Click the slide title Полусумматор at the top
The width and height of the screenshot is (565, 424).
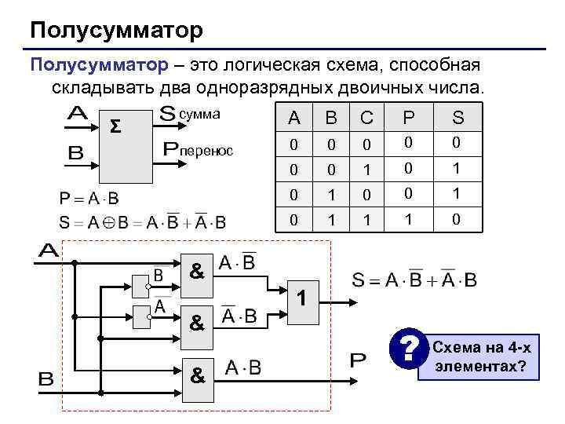[116, 31]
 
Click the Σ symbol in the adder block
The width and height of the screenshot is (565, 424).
[115, 127]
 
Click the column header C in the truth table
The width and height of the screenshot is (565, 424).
[366, 119]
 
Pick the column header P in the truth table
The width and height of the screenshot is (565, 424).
[408, 119]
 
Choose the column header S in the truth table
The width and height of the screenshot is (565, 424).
[458, 119]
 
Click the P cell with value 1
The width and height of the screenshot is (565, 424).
[408, 221]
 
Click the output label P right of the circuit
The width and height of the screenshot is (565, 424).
[357, 361]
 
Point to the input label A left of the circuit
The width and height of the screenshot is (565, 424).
[49, 251]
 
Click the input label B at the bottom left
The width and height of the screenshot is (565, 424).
[46, 379]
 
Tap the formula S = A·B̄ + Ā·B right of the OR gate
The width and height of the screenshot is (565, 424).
[414, 280]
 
